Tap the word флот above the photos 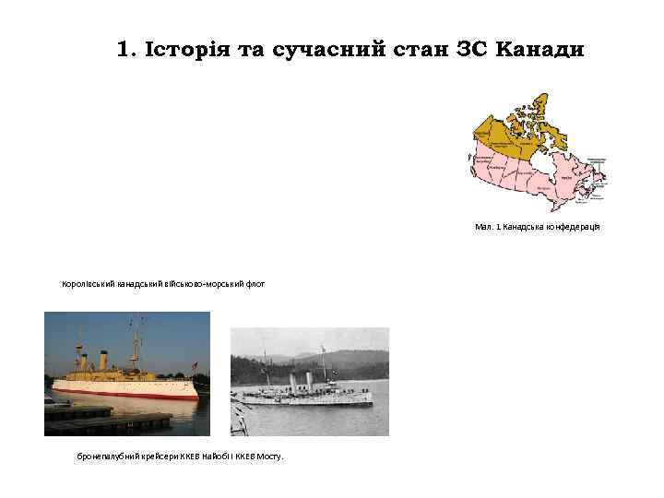[x=255, y=284]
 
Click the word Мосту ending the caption [x=271, y=456]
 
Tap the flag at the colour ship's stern [x=195, y=366]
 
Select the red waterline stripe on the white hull [x=129, y=393]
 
